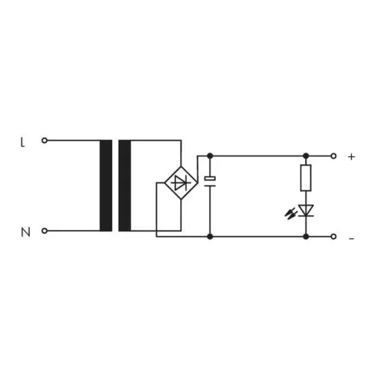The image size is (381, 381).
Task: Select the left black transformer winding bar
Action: pyautogui.click(x=106, y=185)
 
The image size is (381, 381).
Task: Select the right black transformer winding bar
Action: pyautogui.click(x=124, y=185)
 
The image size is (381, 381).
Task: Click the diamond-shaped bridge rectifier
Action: pyautogui.click(x=179, y=182)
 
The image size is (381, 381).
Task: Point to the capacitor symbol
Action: pyautogui.click(x=210, y=180)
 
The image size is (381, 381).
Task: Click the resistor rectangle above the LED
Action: pyautogui.click(x=306, y=179)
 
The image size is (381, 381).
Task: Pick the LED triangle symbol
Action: pyautogui.click(x=306, y=209)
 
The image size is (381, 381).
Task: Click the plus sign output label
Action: pyautogui.click(x=351, y=157)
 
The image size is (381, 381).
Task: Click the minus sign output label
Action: pyautogui.click(x=351, y=238)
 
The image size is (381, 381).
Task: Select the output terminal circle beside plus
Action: pyautogui.click(x=333, y=156)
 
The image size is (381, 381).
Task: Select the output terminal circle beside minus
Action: pyautogui.click(x=333, y=237)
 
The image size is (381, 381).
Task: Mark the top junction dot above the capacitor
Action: pyautogui.click(x=210, y=156)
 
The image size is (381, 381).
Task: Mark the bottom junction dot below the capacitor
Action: pyautogui.click(x=210, y=237)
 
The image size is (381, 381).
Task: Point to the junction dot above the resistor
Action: pyautogui.click(x=306, y=156)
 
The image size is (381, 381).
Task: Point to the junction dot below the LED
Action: pyautogui.click(x=306, y=237)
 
